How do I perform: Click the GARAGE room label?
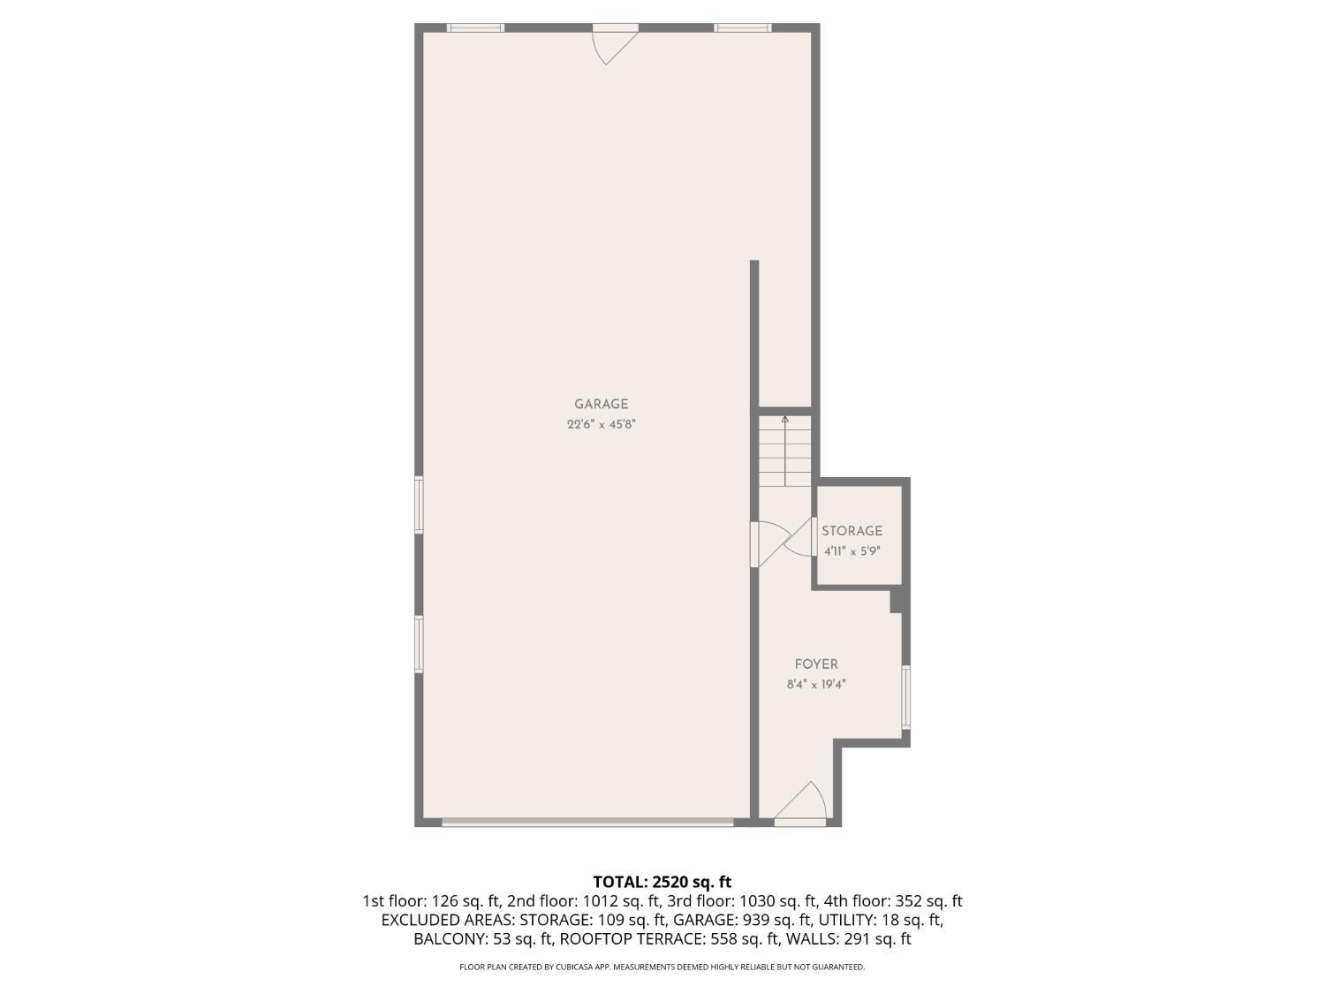pos(601,404)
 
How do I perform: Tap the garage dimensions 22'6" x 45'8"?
pos(602,424)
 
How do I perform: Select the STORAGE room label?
pos(852,530)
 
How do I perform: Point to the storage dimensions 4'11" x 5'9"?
pos(852,551)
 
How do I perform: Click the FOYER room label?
pos(816,664)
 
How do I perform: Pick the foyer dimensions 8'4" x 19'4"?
pos(816,685)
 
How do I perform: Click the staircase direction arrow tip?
pos(784,418)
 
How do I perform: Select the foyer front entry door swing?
pos(801,801)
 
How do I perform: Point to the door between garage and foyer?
pos(771,544)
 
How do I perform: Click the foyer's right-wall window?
pos(905,697)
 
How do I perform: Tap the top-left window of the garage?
pos(475,27)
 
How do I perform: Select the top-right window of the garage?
pos(743,27)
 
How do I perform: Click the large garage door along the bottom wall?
pos(587,822)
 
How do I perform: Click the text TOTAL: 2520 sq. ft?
pos(662,882)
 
